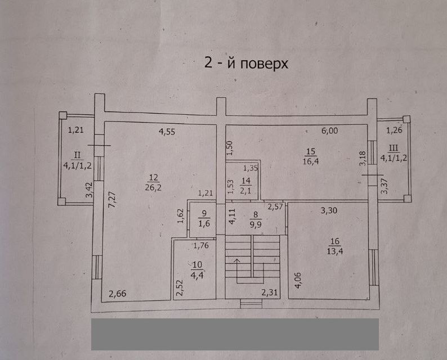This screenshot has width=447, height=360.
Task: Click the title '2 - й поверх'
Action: pyautogui.click(x=246, y=63)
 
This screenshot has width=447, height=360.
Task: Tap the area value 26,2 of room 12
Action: pyautogui.click(x=153, y=188)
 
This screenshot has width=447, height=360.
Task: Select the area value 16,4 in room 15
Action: pyautogui.click(x=311, y=161)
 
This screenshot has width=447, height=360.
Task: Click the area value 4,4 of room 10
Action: pyautogui.click(x=196, y=275)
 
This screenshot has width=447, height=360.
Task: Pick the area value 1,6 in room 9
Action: pyautogui.click(x=204, y=223)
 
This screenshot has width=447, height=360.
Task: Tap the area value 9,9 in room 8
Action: pyautogui.click(x=256, y=224)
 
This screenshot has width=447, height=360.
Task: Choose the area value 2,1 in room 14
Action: pyautogui.click(x=245, y=191)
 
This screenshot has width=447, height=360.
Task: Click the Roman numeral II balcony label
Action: pyautogui.click(x=77, y=155)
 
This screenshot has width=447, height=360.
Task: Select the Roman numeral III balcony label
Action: pyautogui.click(x=394, y=148)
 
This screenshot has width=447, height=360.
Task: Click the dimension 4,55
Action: pyautogui.click(x=167, y=132)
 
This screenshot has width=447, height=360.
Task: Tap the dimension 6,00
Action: pyautogui.click(x=329, y=130)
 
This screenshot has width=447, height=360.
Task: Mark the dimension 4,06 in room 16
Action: pyautogui.click(x=298, y=281)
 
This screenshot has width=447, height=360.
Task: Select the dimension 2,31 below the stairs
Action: pyautogui.click(x=270, y=292)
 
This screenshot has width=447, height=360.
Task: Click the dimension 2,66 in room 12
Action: pyautogui.click(x=118, y=294)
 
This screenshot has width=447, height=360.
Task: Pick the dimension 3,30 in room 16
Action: pyautogui.click(x=329, y=211)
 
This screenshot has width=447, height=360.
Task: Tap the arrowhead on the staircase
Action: pyautogui.click(x=236, y=260)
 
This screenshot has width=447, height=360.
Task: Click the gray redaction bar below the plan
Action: pyautogui.click(x=235, y=334)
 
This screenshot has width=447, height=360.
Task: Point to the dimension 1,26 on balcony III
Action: pyautogui.click(x=394, y=130)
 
